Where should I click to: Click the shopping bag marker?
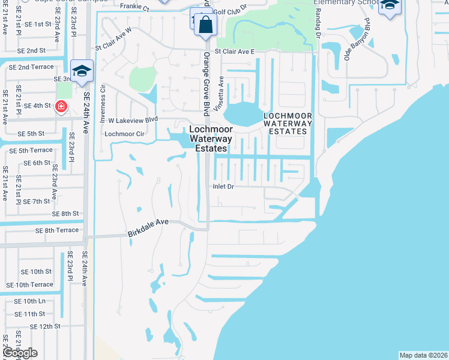205,25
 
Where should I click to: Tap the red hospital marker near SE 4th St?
61,106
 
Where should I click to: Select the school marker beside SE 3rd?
81,71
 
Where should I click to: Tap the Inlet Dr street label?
223,187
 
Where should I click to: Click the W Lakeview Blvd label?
133,119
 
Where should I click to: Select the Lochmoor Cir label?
125,134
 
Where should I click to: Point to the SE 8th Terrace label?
57,230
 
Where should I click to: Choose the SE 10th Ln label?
34,301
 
